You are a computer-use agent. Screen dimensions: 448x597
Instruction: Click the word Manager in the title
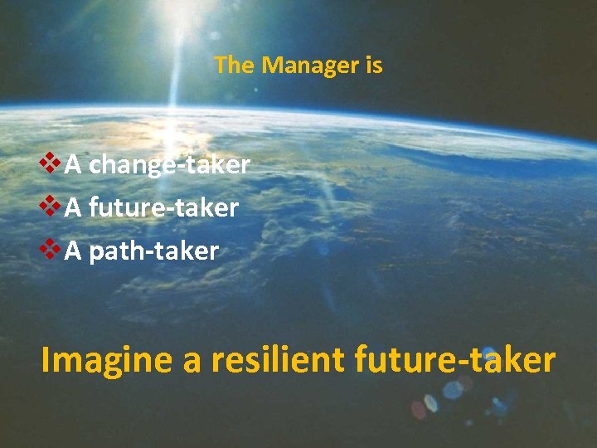click(x=309, y=66)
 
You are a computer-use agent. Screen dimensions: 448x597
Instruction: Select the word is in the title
click(x=373, y=66)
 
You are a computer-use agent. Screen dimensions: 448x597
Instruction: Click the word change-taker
click(x=169, y=165)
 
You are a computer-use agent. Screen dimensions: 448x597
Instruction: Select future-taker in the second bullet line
click(x=163, y=207)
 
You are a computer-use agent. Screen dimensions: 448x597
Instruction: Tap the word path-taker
click(x=153, y=251)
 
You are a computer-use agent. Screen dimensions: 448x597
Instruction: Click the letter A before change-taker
click(x=73, y=165)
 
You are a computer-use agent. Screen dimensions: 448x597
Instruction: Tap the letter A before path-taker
click(x=73, y=251)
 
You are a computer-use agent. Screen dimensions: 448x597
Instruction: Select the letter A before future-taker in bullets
click(x=73, y=207)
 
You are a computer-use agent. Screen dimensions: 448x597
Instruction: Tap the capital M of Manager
click(x=271, y=66)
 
